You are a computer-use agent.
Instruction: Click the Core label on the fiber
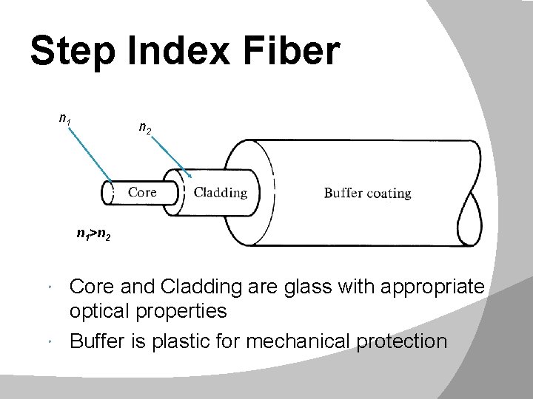pos(142,193)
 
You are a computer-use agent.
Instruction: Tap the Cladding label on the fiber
pos(221,194)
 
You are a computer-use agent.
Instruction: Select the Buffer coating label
pos(367,194)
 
